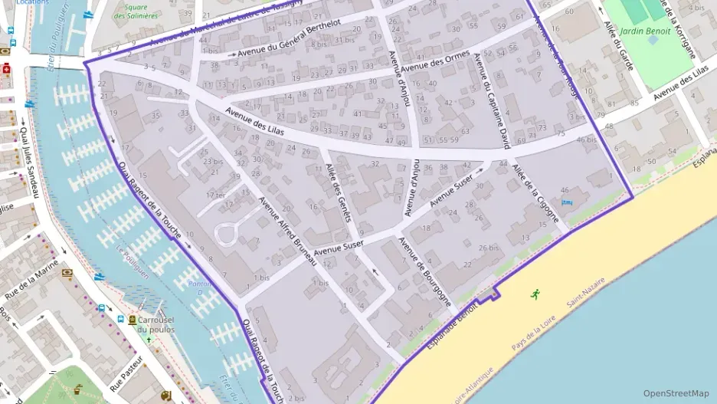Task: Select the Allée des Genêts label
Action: click(x=338, y=192)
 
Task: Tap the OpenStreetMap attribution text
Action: click(x=676, y=393)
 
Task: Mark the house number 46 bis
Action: click(x=586, y=140)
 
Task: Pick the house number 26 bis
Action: click(x=488, y=248)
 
